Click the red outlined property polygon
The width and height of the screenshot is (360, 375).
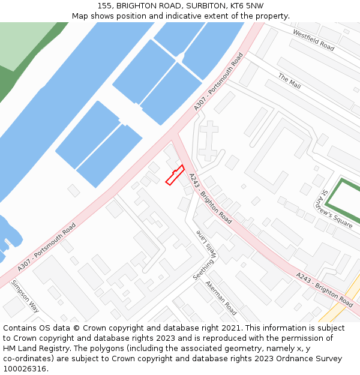(175, 175)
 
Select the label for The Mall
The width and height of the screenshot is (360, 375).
(289, 82)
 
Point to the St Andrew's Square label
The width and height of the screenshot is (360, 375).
(337, 209)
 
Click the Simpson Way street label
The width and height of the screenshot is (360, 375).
(25, 296)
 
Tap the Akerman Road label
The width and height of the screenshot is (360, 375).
(221, 298)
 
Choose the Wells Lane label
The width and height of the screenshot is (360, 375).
(205, 242)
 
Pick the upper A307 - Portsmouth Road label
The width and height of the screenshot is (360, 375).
(219, 82)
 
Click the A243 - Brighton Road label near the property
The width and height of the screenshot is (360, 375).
(210, 199)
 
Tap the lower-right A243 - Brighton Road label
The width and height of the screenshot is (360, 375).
(324, 289)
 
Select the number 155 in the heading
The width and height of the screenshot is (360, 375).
(105, 5)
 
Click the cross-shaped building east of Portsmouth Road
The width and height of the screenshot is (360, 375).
(208, 140)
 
